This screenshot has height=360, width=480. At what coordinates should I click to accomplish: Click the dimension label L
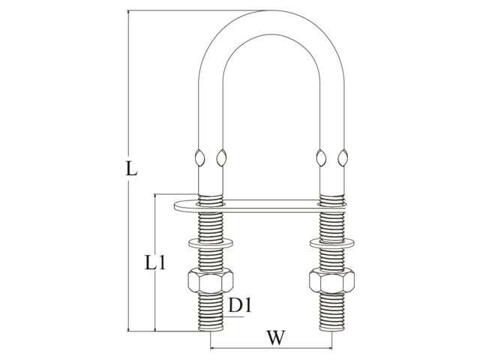click(131, 169)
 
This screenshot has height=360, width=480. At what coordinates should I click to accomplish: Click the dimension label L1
click(155, 262)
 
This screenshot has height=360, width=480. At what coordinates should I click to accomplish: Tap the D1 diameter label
click(240, 305)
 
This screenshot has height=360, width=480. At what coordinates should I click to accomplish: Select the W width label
click(276, 338)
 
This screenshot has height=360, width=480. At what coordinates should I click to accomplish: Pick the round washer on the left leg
click(211, 243)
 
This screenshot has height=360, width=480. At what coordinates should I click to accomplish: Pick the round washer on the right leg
click(331, 243)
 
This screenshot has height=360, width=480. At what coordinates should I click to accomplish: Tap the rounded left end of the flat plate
click(175, 206)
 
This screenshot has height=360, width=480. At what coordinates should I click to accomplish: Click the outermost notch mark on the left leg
click(199, 158)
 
